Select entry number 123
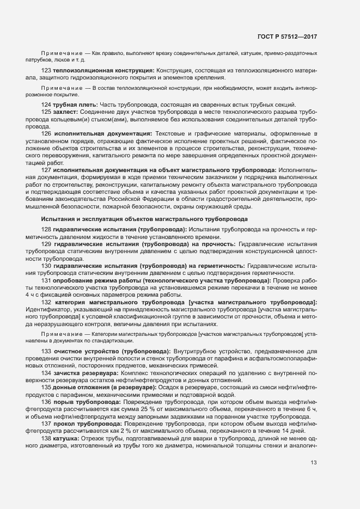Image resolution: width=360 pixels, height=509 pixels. [x=46, y=71]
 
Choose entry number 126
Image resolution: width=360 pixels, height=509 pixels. [x=46, y=133]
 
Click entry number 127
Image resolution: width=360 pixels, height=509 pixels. [x=46, y=170]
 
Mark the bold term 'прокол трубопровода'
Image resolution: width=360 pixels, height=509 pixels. [x=86, y=424]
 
